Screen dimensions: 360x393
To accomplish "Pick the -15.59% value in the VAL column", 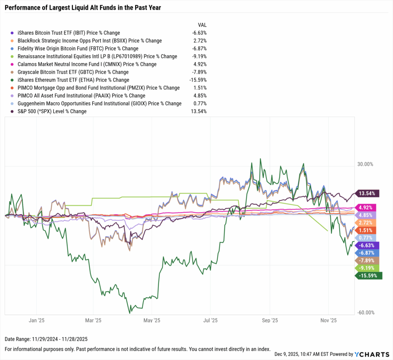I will [x=198, y=80].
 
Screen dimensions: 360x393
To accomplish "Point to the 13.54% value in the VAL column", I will [x=199, y=112].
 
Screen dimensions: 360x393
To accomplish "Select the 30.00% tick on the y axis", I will [x=365, y=164].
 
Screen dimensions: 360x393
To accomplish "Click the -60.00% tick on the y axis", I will [x=365, y=313].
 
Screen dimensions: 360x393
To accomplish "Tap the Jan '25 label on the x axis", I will [x=37, y=320].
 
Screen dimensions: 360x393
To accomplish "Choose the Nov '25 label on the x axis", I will [x=329, y=320].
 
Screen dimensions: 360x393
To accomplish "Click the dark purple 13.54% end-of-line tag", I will [x=368, y=193].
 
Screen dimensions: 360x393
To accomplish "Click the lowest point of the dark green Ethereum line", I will [x=130, y=313].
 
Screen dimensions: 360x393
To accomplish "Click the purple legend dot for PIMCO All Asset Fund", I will [x=13, y=96].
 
